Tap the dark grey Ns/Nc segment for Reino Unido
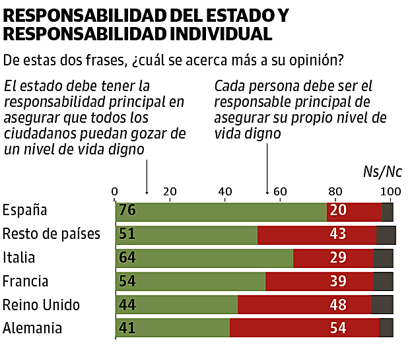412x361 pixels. [x=382, y=305]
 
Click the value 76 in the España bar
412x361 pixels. [x=127, y=212]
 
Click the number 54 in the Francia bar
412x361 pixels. [x=127, y=282]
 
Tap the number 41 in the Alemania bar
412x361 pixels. [x=127, y=328]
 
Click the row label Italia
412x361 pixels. [x=19, y=258]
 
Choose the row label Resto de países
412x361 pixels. [x=51, y=234]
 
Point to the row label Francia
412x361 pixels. [x=26, y=281]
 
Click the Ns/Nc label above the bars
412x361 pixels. [x=382, y=172]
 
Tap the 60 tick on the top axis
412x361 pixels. [x=280, y=191]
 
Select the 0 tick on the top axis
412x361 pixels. [x=115, y=191]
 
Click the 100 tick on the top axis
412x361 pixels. [x=391, y=191]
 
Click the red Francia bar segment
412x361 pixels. [x=319, y=282]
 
